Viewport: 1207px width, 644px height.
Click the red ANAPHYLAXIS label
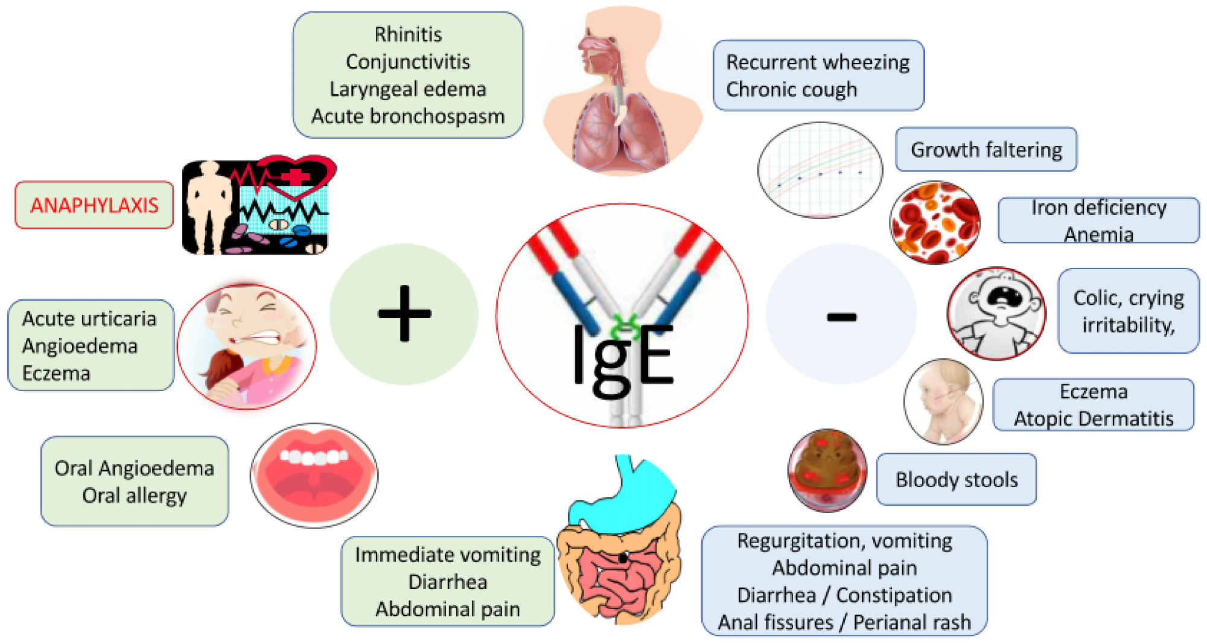tap(94, 205)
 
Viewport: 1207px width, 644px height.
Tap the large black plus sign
tap(404, 313)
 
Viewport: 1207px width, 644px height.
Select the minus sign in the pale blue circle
tap(841, 316)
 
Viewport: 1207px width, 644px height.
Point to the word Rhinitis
tap(408, 34)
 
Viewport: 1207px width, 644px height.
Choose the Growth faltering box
tap(986, 149)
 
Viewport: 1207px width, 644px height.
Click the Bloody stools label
tap(957, 479)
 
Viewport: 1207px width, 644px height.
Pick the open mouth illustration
tap(314, 475)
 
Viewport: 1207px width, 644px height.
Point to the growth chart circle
tap(820, 170)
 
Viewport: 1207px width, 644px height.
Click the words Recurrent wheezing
tap(818, 62)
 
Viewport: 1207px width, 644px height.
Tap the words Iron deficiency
tap(1098, 208)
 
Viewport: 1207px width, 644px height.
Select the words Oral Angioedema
tap(134, 468)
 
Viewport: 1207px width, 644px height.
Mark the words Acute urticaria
tap(89, 319)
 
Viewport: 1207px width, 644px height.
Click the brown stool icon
tap(827, 469)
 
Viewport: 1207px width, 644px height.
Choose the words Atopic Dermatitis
tap(1094, 418)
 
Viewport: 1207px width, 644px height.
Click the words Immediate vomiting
tap(448, 555)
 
